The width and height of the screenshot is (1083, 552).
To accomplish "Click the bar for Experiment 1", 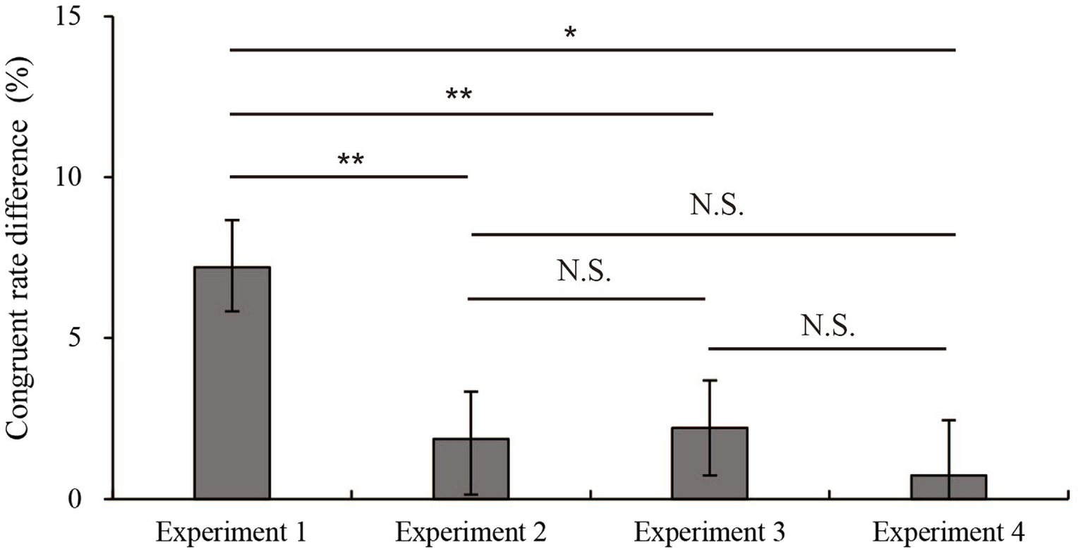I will [x=231, y=395].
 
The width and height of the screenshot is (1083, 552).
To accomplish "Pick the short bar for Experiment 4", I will [x=948, y=487].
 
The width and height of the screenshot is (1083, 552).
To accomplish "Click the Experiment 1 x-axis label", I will [x=231, y=530].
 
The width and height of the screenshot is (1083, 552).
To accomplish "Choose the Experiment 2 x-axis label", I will [x=471, y=530].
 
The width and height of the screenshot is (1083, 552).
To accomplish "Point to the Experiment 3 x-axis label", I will [x=709, y=530].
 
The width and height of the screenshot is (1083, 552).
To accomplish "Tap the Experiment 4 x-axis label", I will [x=948, y=530].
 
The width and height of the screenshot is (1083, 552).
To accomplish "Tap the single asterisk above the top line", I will [x=570, y=34].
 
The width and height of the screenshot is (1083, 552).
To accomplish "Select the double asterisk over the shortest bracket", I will [x=351, y=159].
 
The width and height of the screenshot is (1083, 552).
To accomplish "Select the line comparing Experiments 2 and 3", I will [x=586, y=299].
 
